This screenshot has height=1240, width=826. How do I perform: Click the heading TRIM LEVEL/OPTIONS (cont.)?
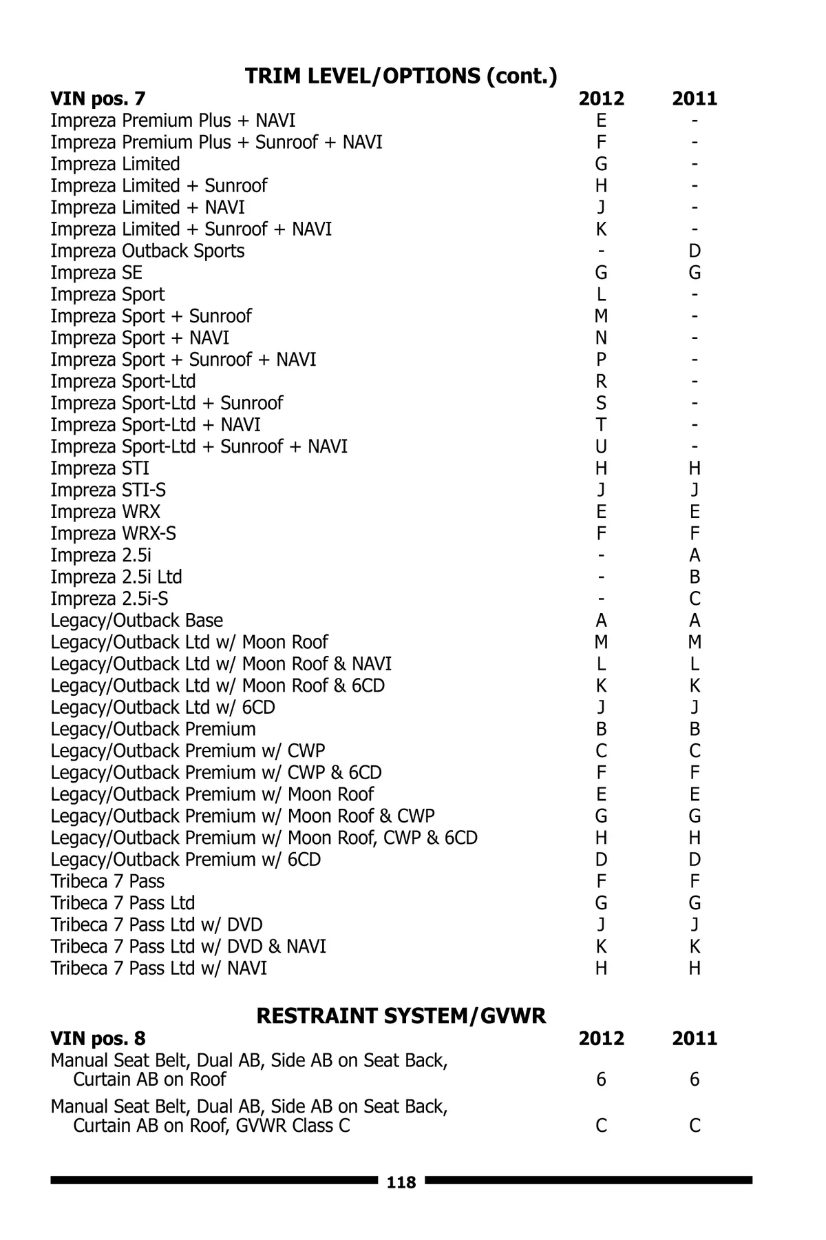[x=401, y=76]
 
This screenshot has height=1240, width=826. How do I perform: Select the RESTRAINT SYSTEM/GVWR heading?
[x=401, y=1015]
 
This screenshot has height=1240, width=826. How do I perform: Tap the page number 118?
[x=401, y=1183]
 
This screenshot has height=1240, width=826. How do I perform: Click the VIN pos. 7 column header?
[x=98, y=99]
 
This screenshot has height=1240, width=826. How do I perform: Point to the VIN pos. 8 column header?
[x=98, y=1038]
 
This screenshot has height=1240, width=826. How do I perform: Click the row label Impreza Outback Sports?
[x=147, y=251]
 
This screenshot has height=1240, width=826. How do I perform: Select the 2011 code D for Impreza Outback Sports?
[x=695, y=251]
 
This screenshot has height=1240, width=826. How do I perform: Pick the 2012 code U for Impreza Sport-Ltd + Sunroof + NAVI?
[x=601, y=446]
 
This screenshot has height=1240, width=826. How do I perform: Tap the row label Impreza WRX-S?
[x=113, y=534]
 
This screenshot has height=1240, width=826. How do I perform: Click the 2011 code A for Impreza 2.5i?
[x=695, y=555]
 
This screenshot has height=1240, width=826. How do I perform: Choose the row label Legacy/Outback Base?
[x=136, y=621]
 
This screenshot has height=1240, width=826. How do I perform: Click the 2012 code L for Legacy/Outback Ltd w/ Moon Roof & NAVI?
[x=601, y=664]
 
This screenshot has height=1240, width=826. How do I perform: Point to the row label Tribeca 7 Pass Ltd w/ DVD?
[x=156, y=924]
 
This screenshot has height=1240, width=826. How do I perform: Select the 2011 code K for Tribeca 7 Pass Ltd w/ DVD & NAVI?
[x=695, y=947]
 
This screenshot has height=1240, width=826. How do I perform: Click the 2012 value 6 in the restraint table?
[x=601, y=1079]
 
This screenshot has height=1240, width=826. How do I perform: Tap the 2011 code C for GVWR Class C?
[x=695, y=1126]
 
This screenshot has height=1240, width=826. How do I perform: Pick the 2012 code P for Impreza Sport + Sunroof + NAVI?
[x=601, y=360]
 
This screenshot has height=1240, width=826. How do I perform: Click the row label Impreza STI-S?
[x=108, y=490]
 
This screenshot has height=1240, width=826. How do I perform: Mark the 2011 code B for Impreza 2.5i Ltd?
[x=695, y=577]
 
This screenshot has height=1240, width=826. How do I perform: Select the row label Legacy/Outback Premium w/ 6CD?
[x=185, y=860]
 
